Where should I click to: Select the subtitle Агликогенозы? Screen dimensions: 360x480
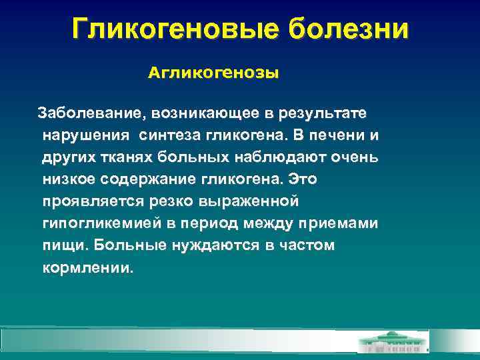pos(213,73)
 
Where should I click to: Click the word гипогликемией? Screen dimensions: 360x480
pos(97,223)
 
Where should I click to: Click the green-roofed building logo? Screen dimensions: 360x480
pos(393,341)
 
